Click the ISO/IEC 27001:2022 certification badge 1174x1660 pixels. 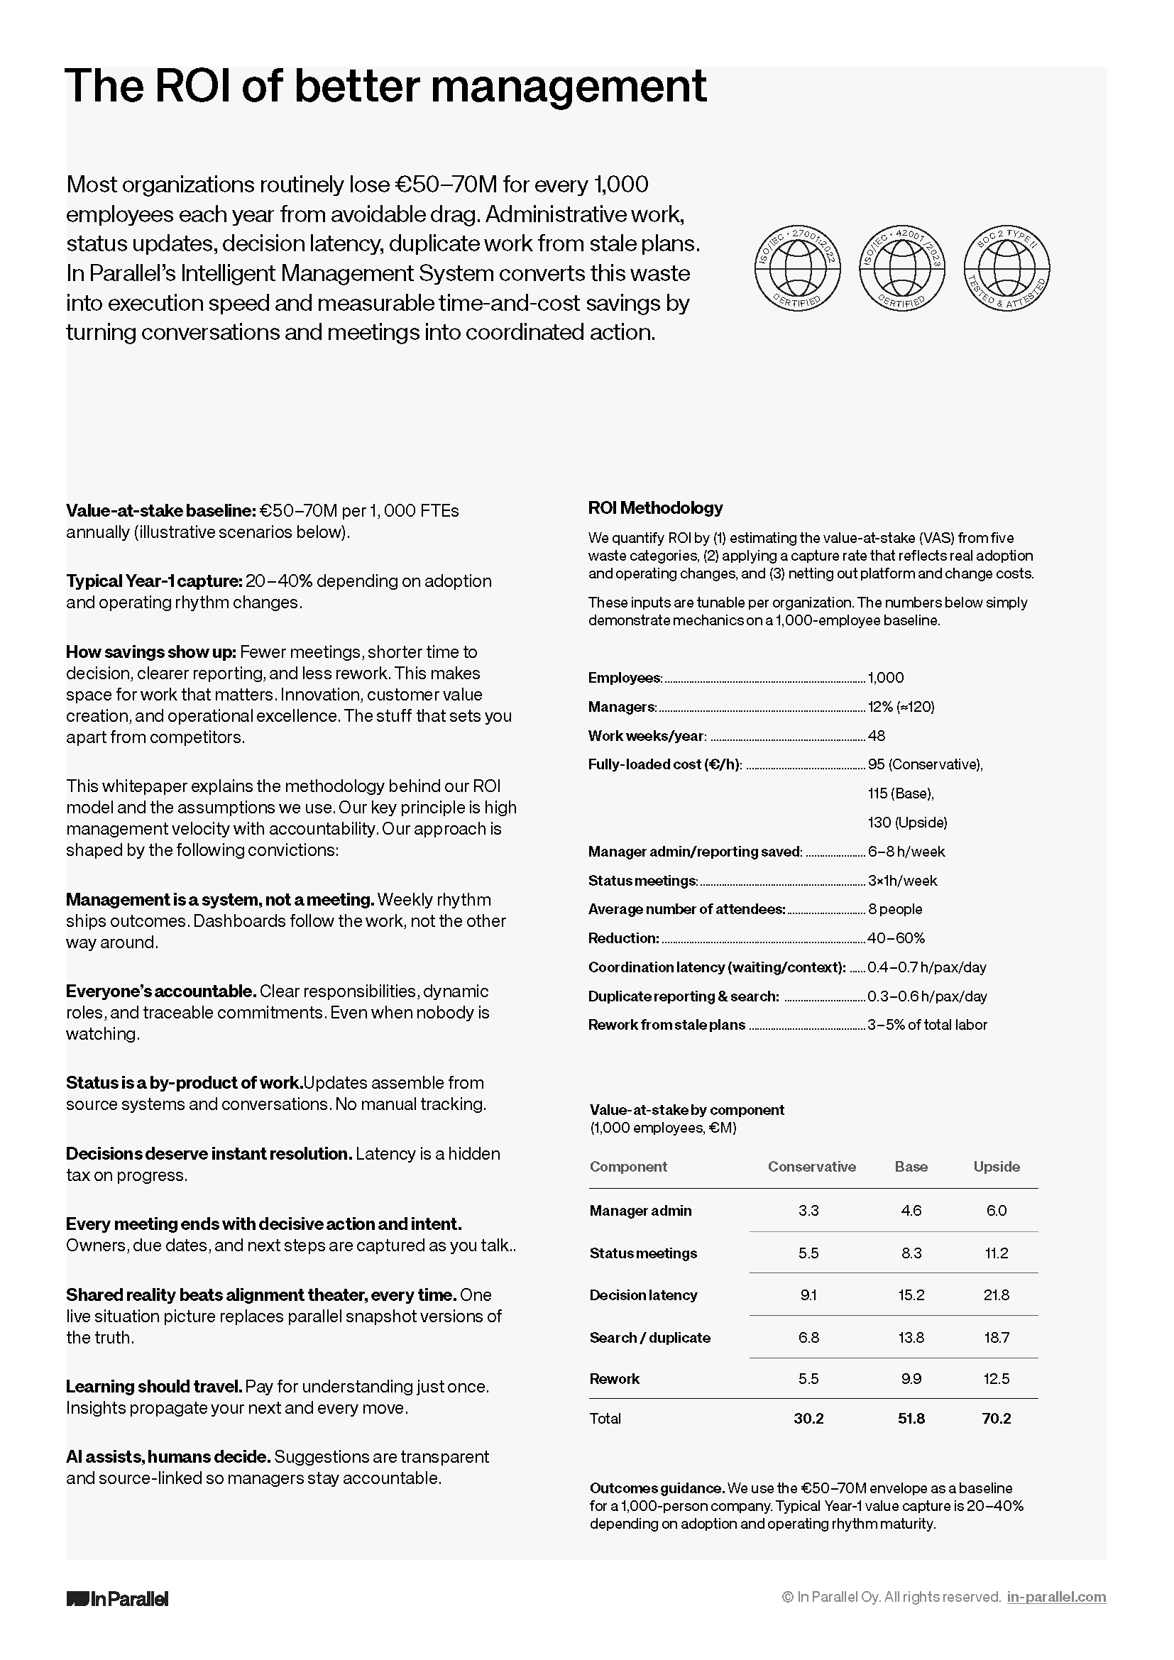tap(796, 267)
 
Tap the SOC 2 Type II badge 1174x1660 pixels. tap(1006, 267)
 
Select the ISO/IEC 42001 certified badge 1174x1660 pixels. tap(901, 267)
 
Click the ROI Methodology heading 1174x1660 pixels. tap(655, 507)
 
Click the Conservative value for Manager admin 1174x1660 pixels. tap(808, 1210)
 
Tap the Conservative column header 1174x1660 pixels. tap(811, 1166)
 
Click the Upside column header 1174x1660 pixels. tap(996, 1166)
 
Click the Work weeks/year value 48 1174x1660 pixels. tap(876, 735)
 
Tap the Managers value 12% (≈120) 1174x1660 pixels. tap(901, 706)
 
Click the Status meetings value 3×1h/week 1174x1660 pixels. tap(902, 880)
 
